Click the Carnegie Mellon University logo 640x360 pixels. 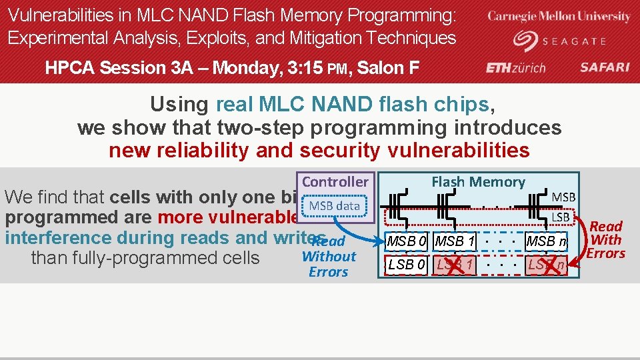pyautogui.click(x=559, y=17)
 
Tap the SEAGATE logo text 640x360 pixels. pyautogui.click(x=574, y=41)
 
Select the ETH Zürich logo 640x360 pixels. pyautogui.click(x=515, y=67)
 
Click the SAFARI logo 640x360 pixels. pyautogui.click(x=605, y=67)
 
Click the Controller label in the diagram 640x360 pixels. pyautogui.click(x=335, y=182)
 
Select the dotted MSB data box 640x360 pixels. pyautogui.click(x=334, y=206)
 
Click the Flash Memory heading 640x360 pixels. pyautogui.click(x=478, y=181)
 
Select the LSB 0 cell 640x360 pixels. pyautogui.click(x=407, y=265)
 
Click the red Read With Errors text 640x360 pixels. pyautogui.click(x=605, y=240)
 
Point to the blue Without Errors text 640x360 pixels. pyautogui.click(x=329, y=264)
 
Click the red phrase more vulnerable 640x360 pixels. pyautogui.click(x=227, y=217)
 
